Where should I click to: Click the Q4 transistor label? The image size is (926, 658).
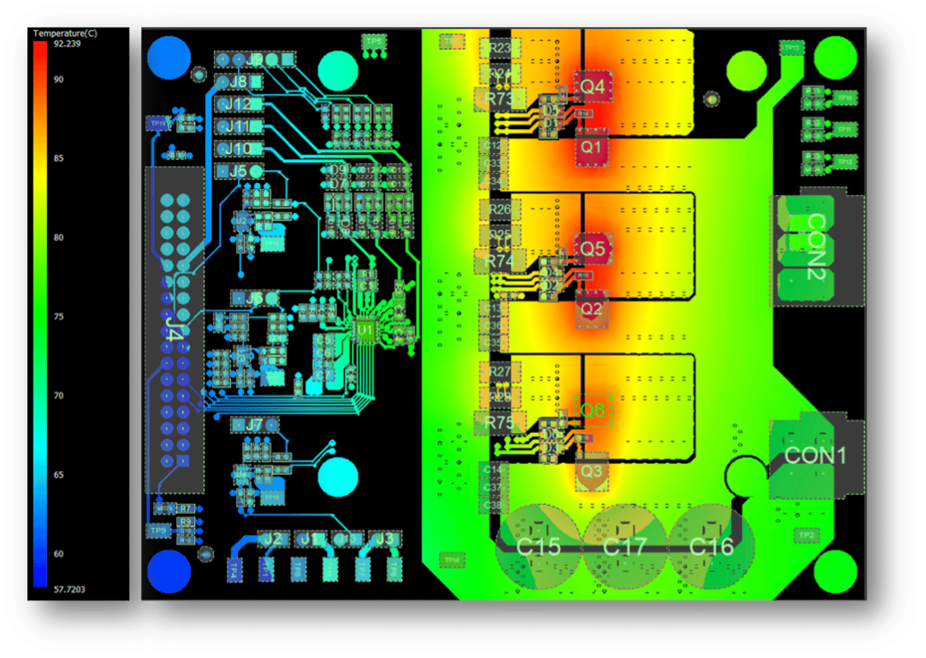click(x=592, y=87)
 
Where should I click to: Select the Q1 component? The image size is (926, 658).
click(x=592, y=147)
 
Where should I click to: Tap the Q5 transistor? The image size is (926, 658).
click(x=592, y=248)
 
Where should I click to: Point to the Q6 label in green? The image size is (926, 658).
click(x=592, y=411)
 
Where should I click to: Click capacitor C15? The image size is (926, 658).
click(x=539, y=546)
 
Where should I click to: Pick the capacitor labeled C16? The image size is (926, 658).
click(x=711, y=546)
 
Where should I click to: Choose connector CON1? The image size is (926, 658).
click(x=814, y=455)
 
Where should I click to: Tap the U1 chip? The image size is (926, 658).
click(x=366, y=329)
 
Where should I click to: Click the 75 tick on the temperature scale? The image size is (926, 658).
click(x=58, y=317)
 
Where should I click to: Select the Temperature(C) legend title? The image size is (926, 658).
click(x=65, y=33)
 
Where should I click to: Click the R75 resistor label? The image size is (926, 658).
click(x=499, y=423)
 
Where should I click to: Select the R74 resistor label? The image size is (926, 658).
click(x=499, y=260)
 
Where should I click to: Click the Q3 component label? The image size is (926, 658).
click(x=591, y=472)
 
